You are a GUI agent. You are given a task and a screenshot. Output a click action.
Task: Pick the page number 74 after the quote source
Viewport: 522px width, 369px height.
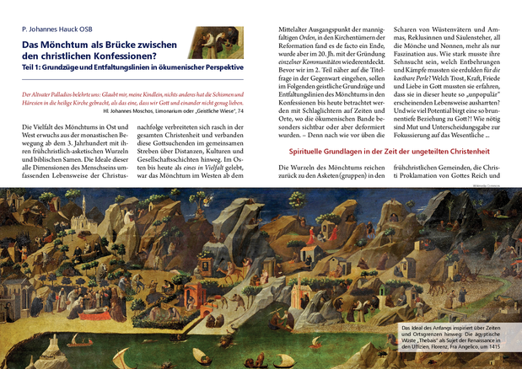[241, 110]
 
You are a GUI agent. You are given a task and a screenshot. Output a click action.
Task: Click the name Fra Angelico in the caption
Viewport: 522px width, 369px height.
[463, 346]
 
